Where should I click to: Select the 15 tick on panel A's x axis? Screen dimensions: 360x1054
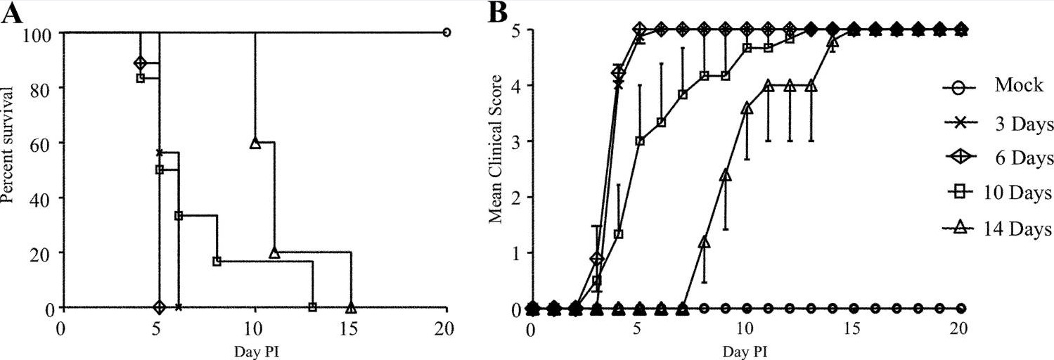click(x=351, y=328)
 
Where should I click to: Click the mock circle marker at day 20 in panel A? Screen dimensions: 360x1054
click(x=446, y=32)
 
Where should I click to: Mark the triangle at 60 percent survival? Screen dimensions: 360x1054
click(x=255, y=143)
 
